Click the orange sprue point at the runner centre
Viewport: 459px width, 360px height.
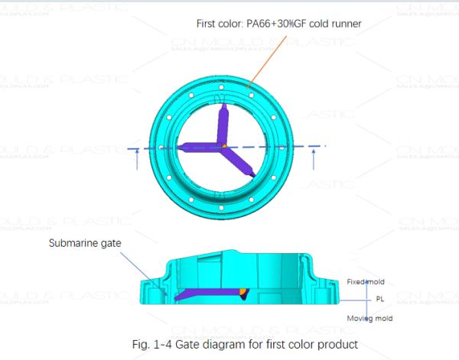click(x=224, y=145)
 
